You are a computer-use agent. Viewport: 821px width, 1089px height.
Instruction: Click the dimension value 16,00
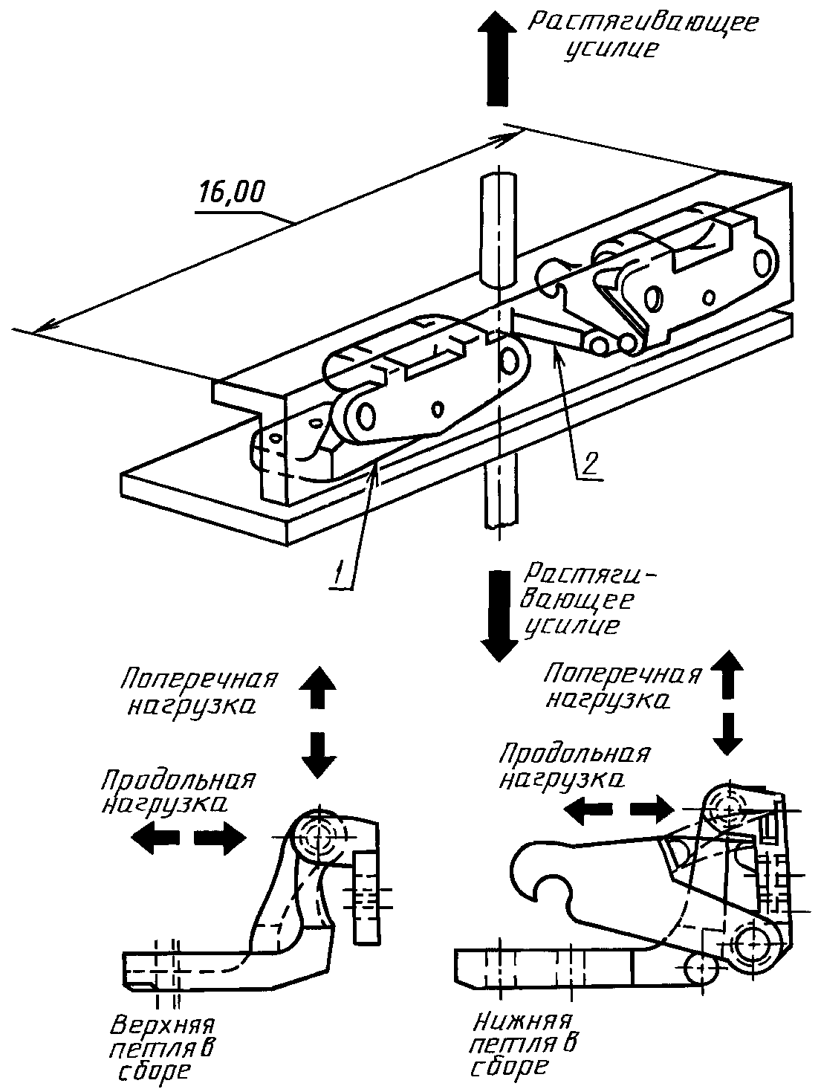click(x=232, y=193)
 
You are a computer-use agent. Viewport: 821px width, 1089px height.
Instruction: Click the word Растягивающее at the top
click(x=643, y=23)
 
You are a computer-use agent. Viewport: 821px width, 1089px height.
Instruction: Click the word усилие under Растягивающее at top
click(x=611, y=51)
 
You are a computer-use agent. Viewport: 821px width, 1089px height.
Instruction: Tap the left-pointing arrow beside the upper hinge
click(x=155, y=838)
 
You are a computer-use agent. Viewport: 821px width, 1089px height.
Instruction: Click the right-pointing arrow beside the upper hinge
click(x=220, y=839)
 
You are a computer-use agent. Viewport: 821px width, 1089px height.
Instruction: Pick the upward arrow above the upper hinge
click(x=318, y=687)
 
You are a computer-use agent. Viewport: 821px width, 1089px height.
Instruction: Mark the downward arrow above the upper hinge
click(x=318, y=754)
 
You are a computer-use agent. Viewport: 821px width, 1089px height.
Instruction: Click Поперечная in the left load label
click(x=198, y=679)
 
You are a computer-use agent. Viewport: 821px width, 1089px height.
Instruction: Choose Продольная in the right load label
click(x=574, y=754)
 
